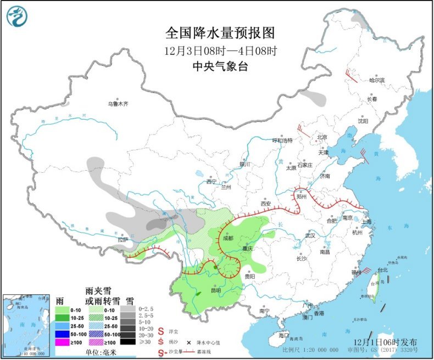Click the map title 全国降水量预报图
[x=220, y=33]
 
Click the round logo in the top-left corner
[x=17, y=16]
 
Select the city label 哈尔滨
[x=377, y=81]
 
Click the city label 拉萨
[x=122, y=239]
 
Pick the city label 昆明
[x=215, y=290]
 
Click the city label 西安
[x=266, y=203]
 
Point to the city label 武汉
[x=310, y=235]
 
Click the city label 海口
[x=283, y=335]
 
